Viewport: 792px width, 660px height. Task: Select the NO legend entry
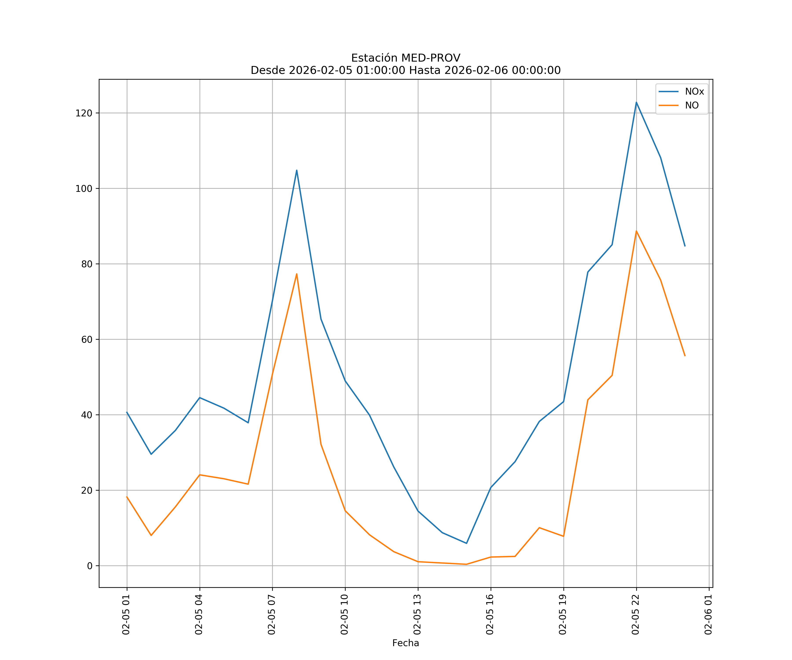[692, 105]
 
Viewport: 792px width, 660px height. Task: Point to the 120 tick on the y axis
[84, 113]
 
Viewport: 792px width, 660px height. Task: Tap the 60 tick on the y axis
[86, 339]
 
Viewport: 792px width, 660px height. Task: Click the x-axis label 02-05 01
[126, 614]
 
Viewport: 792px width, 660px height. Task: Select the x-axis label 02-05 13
[417, 614]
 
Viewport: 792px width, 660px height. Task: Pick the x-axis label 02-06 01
[708, 614]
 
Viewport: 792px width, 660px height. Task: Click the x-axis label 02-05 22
[636, 614]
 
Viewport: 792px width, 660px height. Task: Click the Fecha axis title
[405, 643]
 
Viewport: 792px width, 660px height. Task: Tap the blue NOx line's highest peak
[636, 102]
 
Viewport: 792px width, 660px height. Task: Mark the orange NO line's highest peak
[636, 231]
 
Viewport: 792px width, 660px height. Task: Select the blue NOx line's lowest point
[467, 543]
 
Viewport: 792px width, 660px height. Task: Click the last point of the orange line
[685, 356]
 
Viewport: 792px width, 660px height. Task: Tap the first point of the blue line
[127, 412]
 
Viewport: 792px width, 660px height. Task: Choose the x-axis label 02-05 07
[271, 614]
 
